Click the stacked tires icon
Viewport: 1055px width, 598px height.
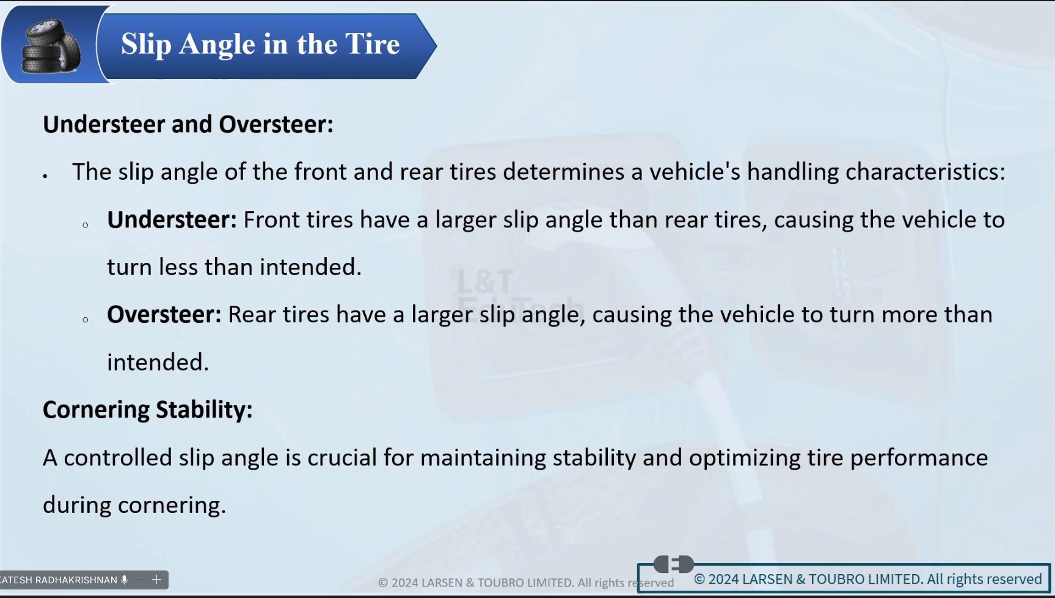(x=51, y=46)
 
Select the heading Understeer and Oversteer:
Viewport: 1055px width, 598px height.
(x=188, y=124)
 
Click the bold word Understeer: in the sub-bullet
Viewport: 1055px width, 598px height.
(x=172, y=220)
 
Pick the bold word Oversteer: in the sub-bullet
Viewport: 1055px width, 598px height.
(x=164, y=314)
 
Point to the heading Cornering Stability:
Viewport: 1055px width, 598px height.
(x=148, y=410)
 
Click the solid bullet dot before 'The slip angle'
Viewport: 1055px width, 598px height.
(x=45, y=176)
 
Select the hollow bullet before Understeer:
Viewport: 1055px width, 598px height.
(x=86, y=225)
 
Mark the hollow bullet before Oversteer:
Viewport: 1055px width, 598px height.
(x=86, y=320)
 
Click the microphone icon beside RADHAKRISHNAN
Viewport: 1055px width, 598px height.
(x=125, y=580)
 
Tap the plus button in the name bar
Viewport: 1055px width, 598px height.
(x=156, y=580)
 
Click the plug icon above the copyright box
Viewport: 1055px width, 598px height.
(x=674, y=564)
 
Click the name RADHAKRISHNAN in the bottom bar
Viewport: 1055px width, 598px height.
(x=76, y=580)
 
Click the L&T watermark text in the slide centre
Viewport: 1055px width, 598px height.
(x=485, y=282)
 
